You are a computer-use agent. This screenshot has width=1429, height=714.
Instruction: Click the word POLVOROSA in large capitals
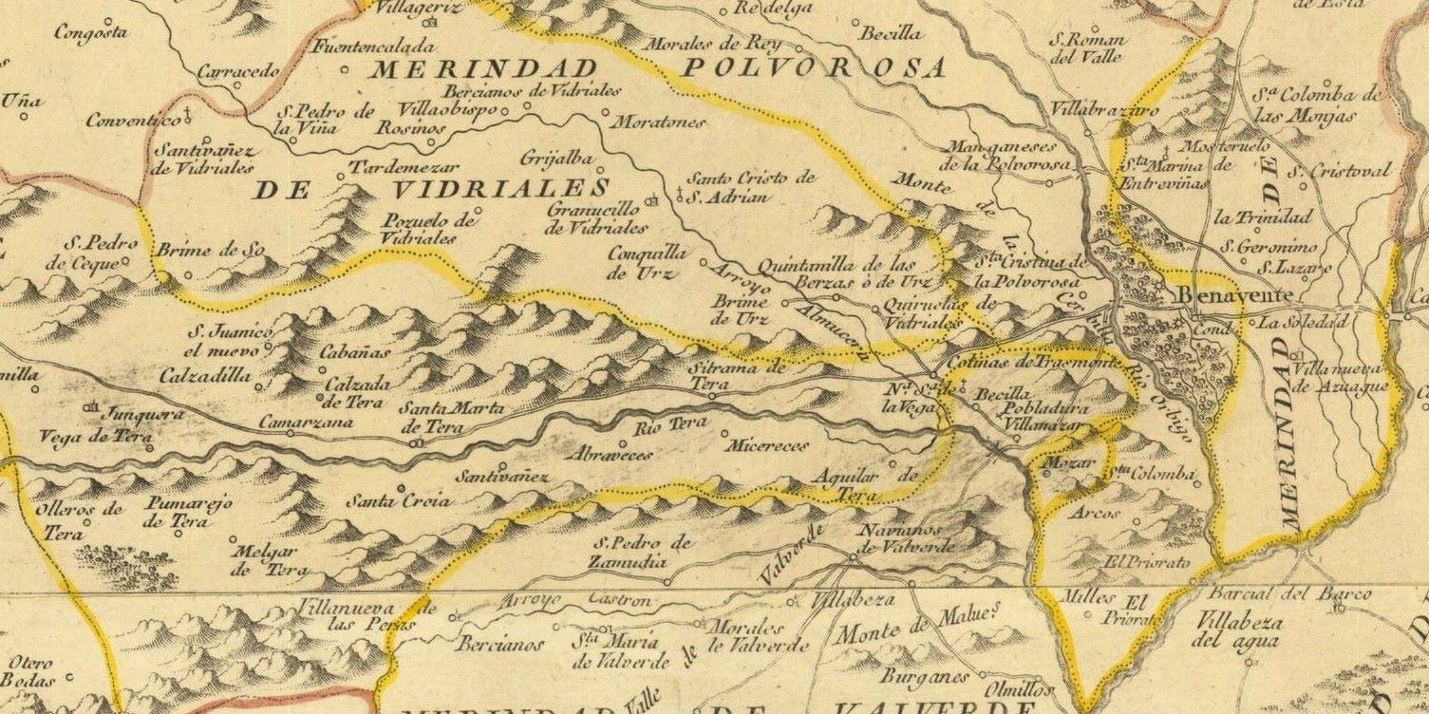coord(814,67)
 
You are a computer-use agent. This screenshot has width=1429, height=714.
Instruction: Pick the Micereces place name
coord(765,444)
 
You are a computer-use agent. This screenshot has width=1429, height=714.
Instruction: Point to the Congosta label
coord(91,32)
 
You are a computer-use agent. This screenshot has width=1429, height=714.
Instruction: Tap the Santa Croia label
coord(397,500)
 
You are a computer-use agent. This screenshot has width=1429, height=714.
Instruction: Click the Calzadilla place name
coord(205,376)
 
